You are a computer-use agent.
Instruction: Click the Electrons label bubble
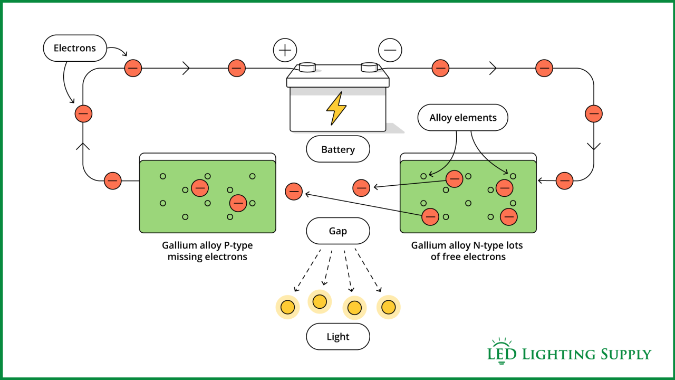click(74, 48)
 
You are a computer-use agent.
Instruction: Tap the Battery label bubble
click(338, 149)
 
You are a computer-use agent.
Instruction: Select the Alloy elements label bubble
click(462, 118)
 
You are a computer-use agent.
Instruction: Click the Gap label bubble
click(338, 231)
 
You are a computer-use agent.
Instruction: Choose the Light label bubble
click(338, 337)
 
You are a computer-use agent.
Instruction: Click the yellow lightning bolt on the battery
click(336, 109)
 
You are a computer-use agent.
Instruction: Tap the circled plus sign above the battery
click(285, 50)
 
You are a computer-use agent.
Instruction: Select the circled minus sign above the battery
click(390, 50)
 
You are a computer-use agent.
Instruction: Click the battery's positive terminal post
click(307, 67)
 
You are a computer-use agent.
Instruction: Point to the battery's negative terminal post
click(369, 67)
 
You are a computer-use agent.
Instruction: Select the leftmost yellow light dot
click(287, 307)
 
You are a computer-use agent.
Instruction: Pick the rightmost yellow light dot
click(389, 307)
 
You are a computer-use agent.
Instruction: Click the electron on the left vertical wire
click(83, 113)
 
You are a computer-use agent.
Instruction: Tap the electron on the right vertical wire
click(594, 113)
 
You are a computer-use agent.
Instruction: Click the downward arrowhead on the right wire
click(594, 146)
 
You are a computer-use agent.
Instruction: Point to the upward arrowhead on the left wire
click(83, 145)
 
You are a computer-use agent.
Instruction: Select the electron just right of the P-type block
click(294, 192)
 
